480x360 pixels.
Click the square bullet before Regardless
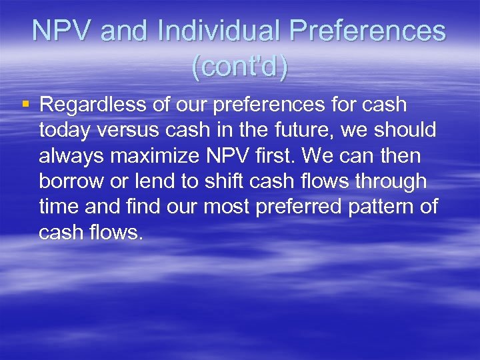[x=25, y=105]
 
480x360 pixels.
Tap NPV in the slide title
[x=59, y=31]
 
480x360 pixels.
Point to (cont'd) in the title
[x=239, y=67]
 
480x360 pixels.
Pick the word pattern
[x=388, y=207]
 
